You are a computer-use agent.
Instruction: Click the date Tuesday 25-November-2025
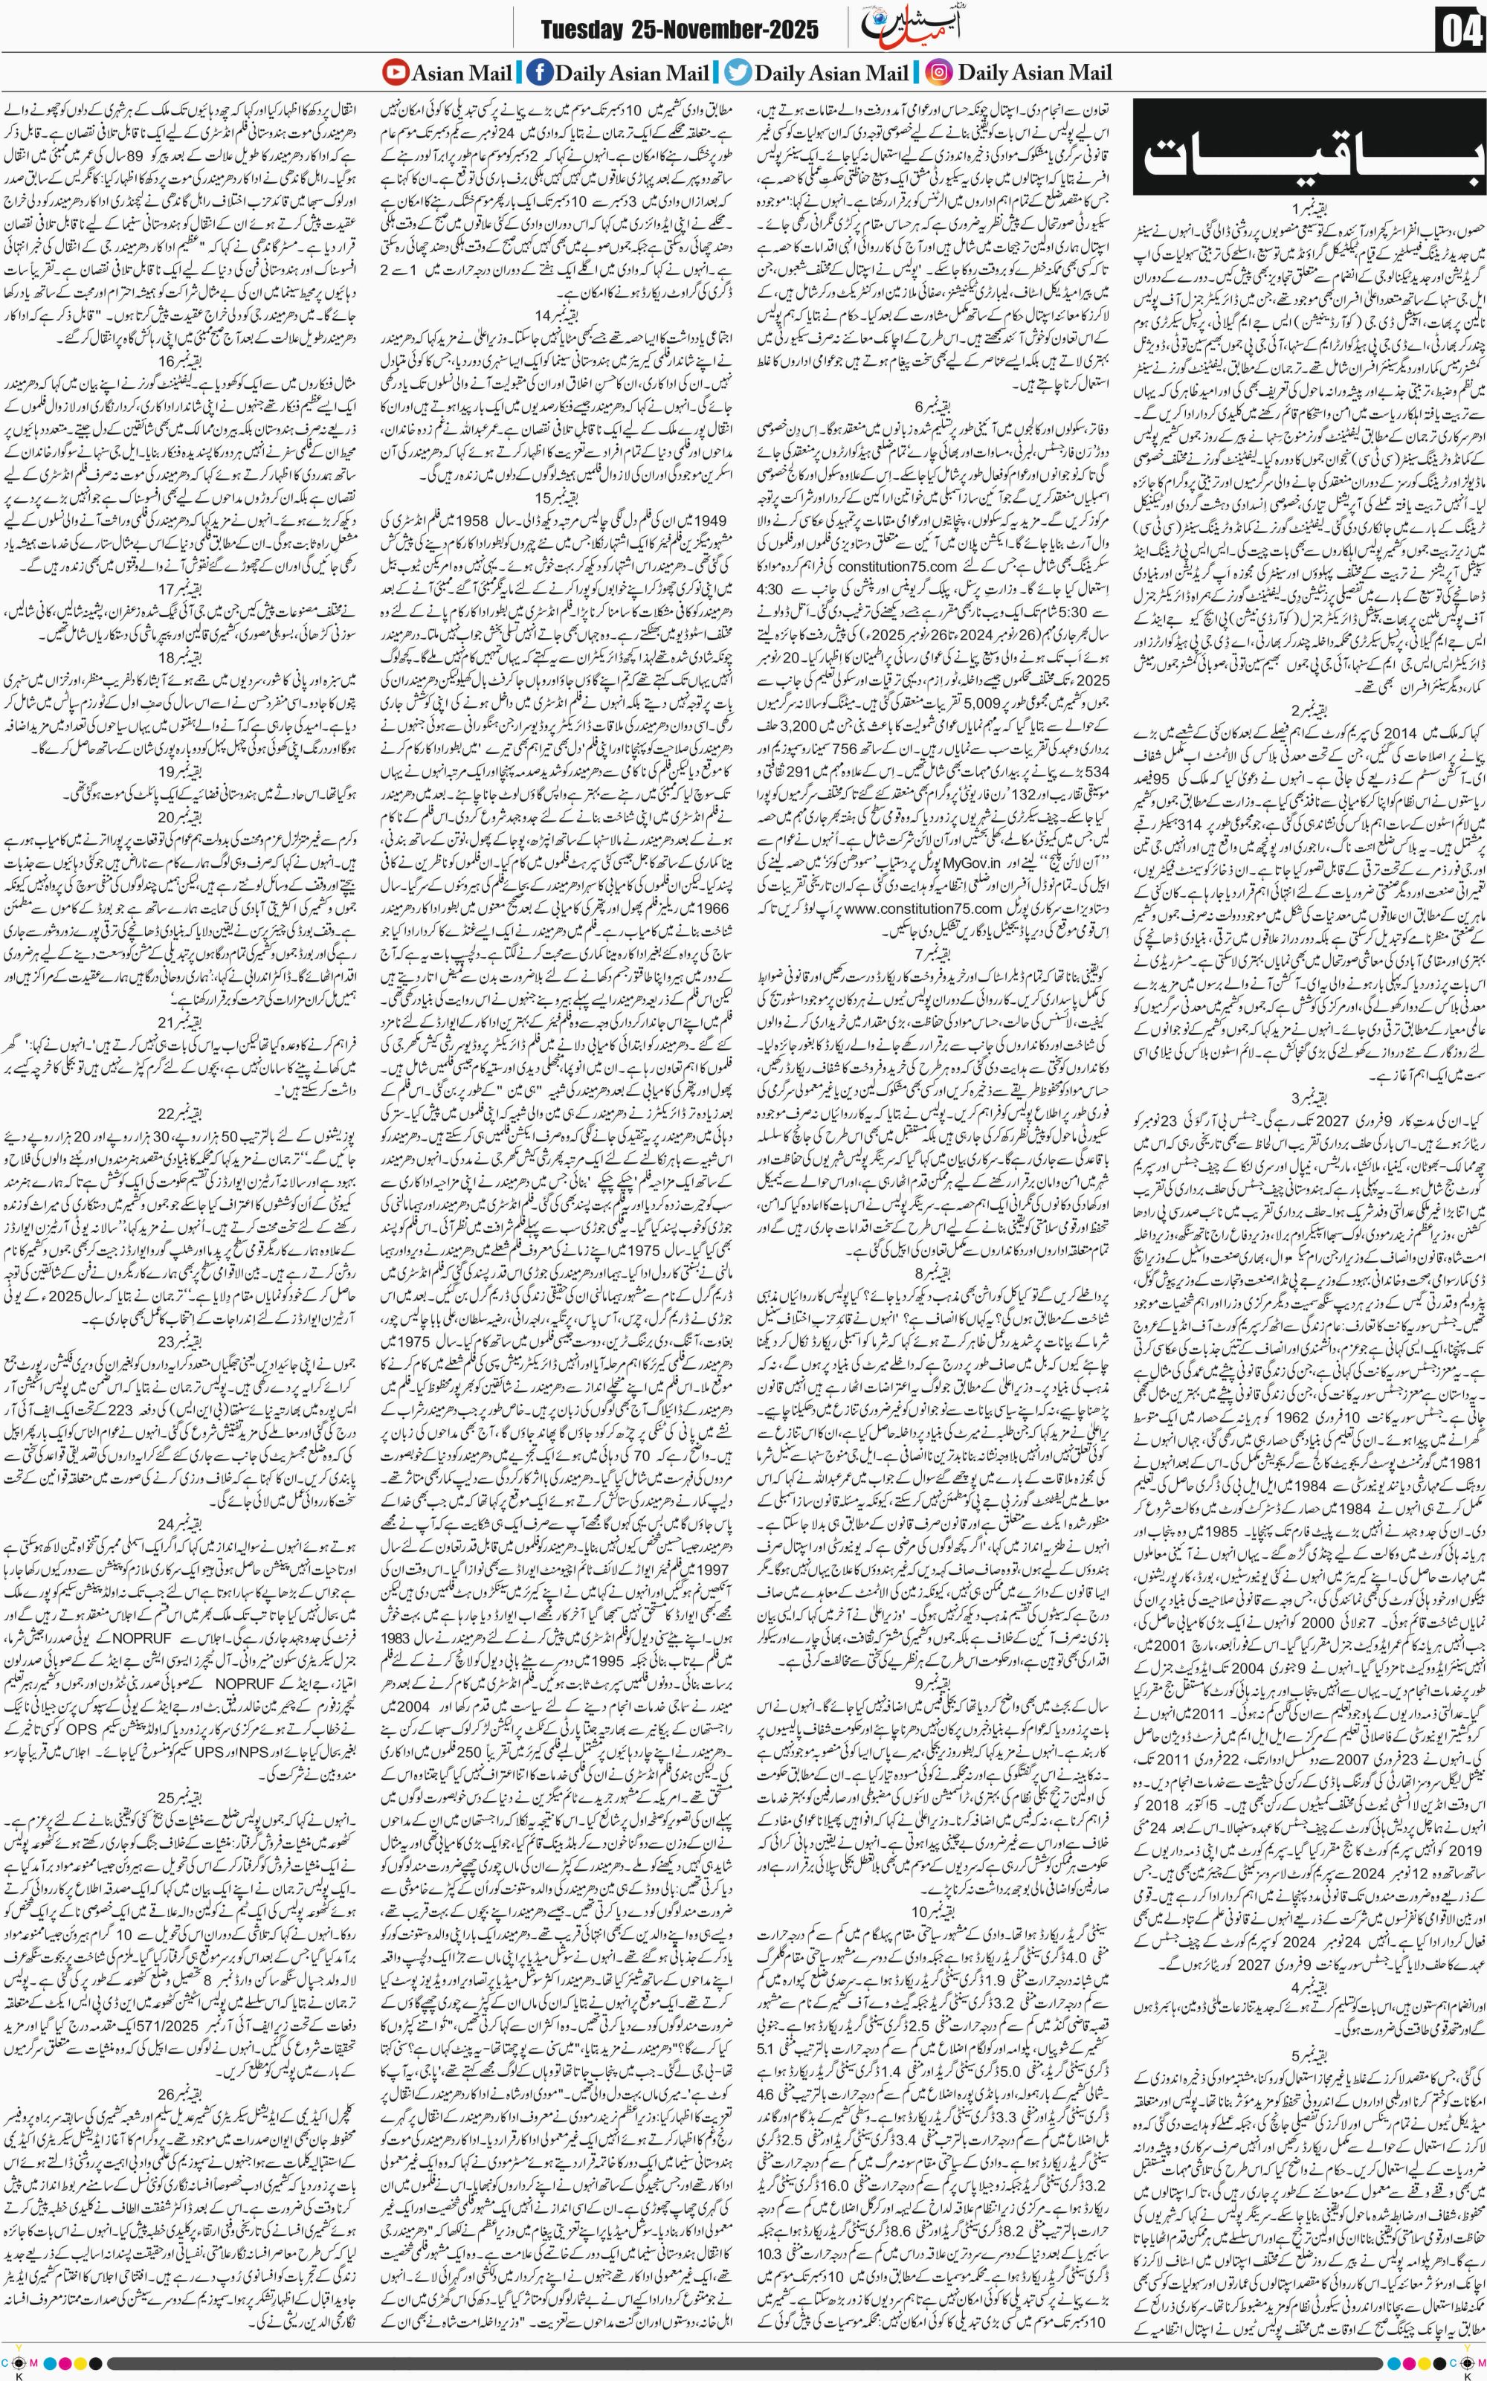tap(679, 30)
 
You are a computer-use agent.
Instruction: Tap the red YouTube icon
tap(396, 72)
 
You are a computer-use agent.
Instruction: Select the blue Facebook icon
tap(539, 72)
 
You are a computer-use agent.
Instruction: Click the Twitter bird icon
tap(738, 72)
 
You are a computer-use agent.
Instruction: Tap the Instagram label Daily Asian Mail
tap(1035, 72)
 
